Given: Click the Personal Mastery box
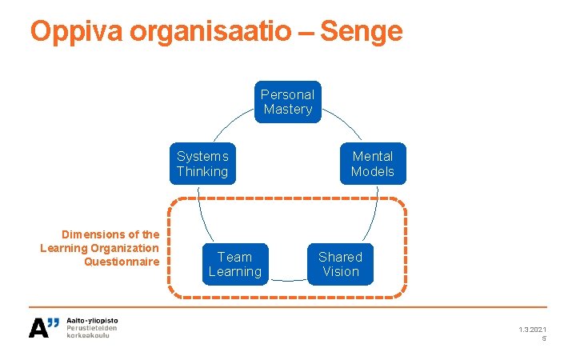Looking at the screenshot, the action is pos(287,102).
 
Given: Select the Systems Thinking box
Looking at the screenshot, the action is pos(202,163).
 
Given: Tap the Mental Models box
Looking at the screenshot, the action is pos(372,163).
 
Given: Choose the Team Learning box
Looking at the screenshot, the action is pos(234,264).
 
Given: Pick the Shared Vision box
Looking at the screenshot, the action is pos(340,264).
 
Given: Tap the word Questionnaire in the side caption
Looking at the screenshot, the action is pos(122,262).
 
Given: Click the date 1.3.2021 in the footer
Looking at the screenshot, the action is pos(532,330).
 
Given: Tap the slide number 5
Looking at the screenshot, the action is pos(544,338).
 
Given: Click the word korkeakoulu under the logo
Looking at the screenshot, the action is pos(88,335).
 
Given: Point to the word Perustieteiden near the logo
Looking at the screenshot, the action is pos(91,328).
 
